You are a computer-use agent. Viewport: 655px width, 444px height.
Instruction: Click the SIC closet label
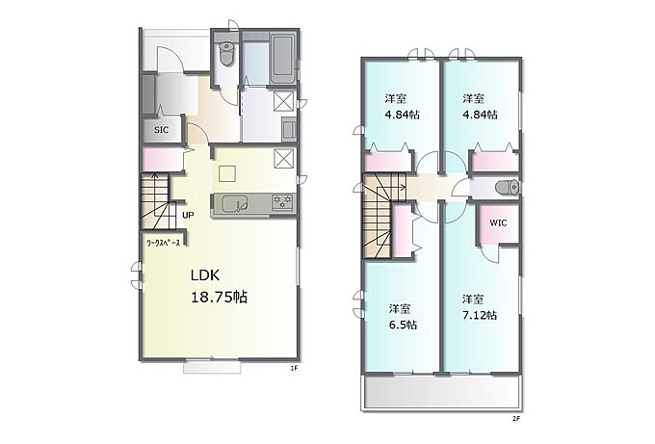(x=161, y=130)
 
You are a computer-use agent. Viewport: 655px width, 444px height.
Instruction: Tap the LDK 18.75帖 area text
(x=219, y=286)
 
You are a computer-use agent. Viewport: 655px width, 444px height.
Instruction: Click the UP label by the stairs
(x=188, y=215)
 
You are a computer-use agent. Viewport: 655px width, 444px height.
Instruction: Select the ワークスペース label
(x=163, y=243)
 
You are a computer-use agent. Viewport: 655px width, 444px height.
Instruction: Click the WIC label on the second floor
(x=498, y=223)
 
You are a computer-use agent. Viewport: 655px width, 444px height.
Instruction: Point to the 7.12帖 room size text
(x=480, y=315)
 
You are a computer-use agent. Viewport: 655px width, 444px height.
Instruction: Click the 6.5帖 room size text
(x=403, y=325)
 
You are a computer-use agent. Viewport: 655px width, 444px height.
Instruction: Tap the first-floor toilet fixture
(x=226, y=54)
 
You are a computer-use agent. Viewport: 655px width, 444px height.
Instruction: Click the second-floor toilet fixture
(x=507, y=188)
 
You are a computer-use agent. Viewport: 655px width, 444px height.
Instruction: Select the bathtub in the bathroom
(x=283, y=59)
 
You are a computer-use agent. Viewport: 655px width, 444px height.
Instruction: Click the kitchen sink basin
(x=235, y=205)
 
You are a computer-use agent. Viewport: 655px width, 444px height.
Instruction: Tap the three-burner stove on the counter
(x=283, y=202)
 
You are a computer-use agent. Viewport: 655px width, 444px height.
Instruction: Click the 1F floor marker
(x=294, y=368)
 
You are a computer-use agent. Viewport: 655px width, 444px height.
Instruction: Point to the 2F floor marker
(x=516, y=418)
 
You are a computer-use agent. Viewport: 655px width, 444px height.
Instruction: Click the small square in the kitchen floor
(x=227, y=173)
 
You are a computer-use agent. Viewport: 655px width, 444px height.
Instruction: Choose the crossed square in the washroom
(x=283, y=100)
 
